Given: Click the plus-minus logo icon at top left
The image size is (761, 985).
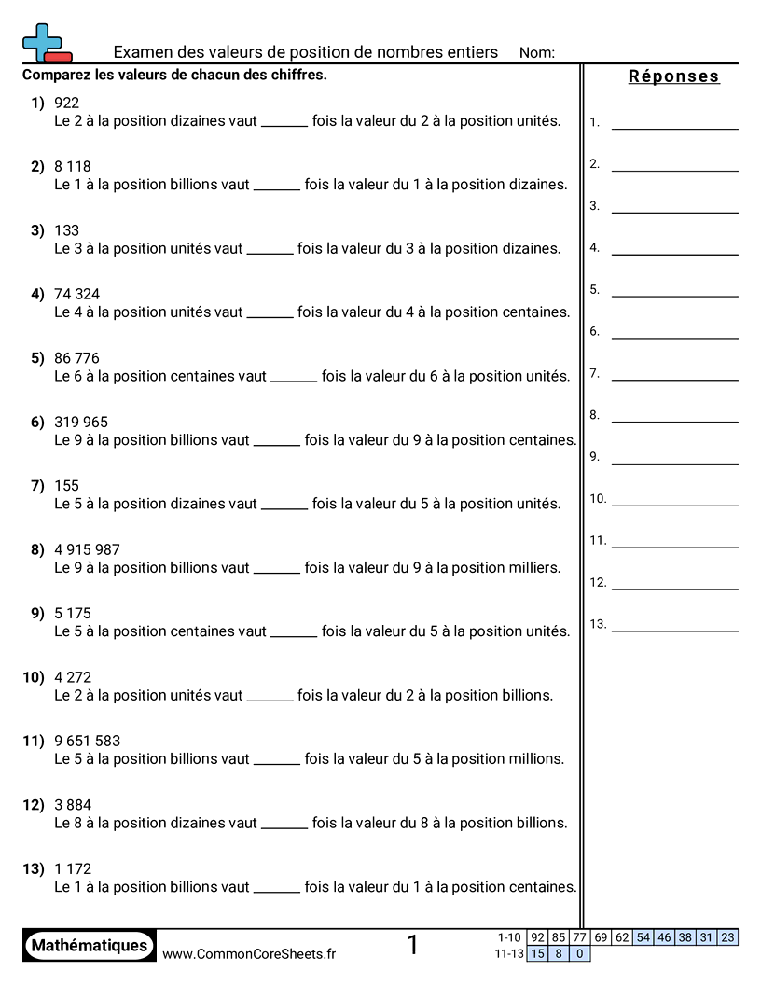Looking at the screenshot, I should [45, 43].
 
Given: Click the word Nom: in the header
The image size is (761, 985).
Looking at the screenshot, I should [536, 53].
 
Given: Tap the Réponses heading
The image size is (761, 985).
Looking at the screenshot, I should [673, 76].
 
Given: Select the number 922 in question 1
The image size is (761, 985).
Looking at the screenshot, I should [67, 103].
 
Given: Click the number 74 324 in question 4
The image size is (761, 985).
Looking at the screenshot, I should [77, 294].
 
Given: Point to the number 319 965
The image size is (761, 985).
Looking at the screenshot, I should [81, 422].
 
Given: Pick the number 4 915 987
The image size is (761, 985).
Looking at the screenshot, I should [87, 549].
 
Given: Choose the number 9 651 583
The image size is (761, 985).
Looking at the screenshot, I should [87, 741].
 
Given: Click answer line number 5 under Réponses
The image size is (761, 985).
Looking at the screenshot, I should [674, 296].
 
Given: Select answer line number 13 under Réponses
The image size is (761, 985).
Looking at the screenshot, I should [674, 631].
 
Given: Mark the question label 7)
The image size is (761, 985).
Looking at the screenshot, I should [37, 485].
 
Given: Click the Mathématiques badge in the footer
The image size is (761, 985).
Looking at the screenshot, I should [90, 945].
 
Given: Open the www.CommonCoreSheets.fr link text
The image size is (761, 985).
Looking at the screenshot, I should [249, 953].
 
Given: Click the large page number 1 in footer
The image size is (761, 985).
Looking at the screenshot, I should [413, 945].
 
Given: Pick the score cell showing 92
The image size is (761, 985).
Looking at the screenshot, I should [537, 937].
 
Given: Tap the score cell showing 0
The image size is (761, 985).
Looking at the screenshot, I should [579, 953].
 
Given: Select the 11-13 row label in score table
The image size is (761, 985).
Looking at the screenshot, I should [509, 953].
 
